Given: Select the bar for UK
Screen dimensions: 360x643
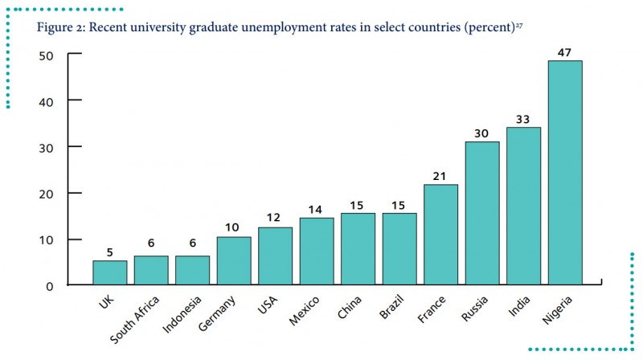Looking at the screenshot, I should point(109,272).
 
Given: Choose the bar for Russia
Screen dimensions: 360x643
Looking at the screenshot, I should point(482,213).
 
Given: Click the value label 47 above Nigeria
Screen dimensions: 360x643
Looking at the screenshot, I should point(564,52).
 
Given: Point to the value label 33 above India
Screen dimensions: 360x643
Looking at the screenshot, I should point(523,118).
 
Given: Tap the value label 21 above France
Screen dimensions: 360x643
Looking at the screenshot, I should point(440,176).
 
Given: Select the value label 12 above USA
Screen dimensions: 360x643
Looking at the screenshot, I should point(275,219).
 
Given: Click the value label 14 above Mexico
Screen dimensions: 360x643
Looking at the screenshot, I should point(317,209).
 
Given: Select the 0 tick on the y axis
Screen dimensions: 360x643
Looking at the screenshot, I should point(50,285).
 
